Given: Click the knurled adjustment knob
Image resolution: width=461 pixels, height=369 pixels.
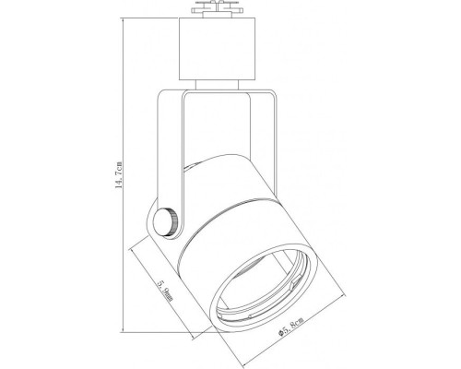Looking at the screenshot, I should [x=167, y=222].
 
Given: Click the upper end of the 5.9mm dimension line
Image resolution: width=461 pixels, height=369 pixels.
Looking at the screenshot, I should [x=132, y=246].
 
